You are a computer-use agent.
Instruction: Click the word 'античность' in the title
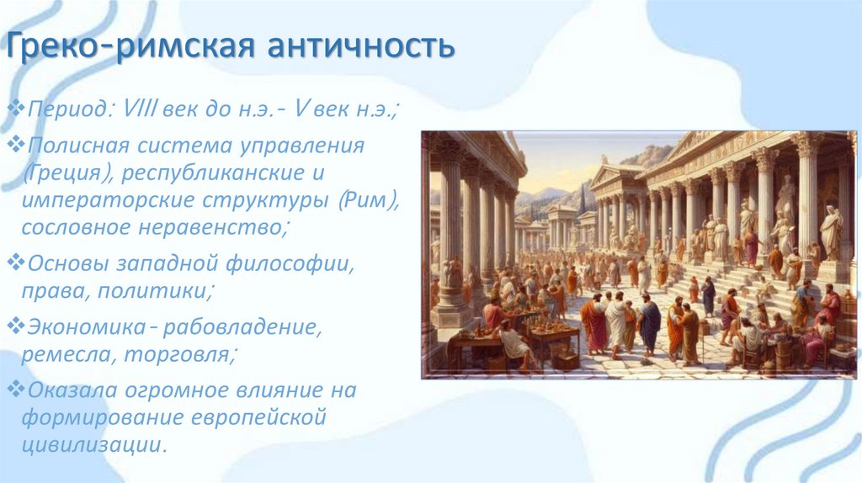(363, 47)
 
